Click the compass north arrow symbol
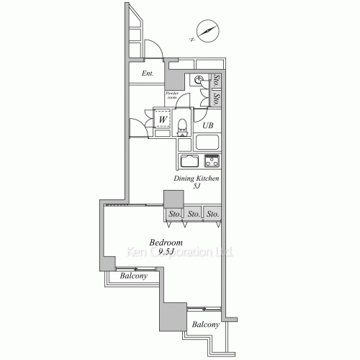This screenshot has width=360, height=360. (x=207, y=32)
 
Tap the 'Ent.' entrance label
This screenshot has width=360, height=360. (x=148, y=73)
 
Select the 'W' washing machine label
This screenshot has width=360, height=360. (x=164, y=119)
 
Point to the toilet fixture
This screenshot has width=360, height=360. (x=183, y=125)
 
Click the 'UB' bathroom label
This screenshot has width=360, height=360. (x=207, y=126)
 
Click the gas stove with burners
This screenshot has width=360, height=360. (x=212, y=161)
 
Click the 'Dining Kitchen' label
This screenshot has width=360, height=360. (x=196, y=178)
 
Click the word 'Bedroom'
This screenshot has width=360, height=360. (x=166, y=243)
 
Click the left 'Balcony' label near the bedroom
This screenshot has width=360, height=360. (x=133, y=276)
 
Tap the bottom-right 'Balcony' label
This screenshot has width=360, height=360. (x=204, y=325)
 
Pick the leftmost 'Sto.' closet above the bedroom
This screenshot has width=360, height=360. (x=175, y=214)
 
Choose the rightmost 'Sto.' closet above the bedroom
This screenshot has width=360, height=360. (x=212, y=214)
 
